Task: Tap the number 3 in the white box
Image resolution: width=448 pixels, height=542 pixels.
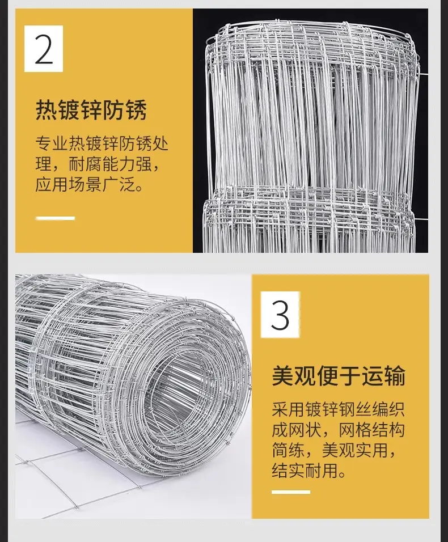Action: [x=280, y=315]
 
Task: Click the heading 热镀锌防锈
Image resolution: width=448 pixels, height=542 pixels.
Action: [x=91, y=110]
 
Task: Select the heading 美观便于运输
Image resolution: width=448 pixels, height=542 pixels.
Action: [x=338, y=376]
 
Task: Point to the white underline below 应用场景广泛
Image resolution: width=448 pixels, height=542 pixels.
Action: [x=56, y=218]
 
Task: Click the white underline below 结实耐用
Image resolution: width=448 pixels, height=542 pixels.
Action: [x=291, y=492]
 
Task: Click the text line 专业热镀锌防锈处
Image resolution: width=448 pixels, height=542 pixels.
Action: [x=102, y=144]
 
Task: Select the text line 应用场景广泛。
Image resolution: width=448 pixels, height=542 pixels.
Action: [x=89, y=184]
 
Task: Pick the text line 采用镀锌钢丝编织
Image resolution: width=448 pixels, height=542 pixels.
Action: [x=338, y=409]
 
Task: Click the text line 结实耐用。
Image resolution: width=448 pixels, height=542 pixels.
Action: [x=309, y=471]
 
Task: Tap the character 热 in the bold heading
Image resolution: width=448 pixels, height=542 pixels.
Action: [x=47, y=110]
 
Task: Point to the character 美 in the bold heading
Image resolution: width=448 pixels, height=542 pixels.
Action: [x=282, y=376]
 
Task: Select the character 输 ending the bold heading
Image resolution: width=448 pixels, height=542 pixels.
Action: [x=394, y=376]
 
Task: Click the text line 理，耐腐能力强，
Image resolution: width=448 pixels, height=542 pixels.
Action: [x=98, y=164]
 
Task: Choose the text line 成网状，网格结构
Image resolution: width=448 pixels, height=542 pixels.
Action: [x=338, y=430]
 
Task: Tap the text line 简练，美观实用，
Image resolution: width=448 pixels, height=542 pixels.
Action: [x=334, y=450]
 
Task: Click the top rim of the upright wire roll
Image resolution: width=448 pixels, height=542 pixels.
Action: [x=311, y=28]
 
